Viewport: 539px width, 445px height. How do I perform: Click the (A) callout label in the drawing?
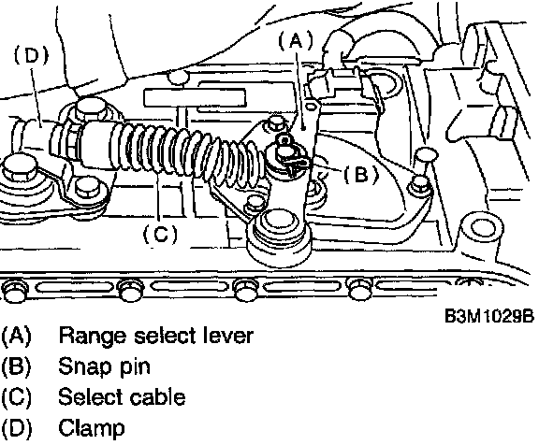coord(296,40)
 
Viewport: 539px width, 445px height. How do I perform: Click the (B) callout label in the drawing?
coord(361,174)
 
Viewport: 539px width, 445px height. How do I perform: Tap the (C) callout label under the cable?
coord(160,234)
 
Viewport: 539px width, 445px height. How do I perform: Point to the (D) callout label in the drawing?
coord(31,55)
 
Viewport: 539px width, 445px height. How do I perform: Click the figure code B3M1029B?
coord(489,316)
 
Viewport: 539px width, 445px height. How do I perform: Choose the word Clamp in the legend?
coord(92,428)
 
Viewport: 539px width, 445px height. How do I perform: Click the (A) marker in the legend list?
coord(16,336)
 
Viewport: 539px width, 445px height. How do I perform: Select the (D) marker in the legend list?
coord(16,428)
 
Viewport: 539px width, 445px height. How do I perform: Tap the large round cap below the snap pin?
coord(278,223)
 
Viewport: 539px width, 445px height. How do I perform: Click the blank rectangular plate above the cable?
coord(195,97)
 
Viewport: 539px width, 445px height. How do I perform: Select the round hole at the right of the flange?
coord(481,227)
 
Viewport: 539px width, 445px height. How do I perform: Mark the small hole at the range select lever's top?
coord(311,107)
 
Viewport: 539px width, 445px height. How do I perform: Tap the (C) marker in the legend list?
coord(16,397)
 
